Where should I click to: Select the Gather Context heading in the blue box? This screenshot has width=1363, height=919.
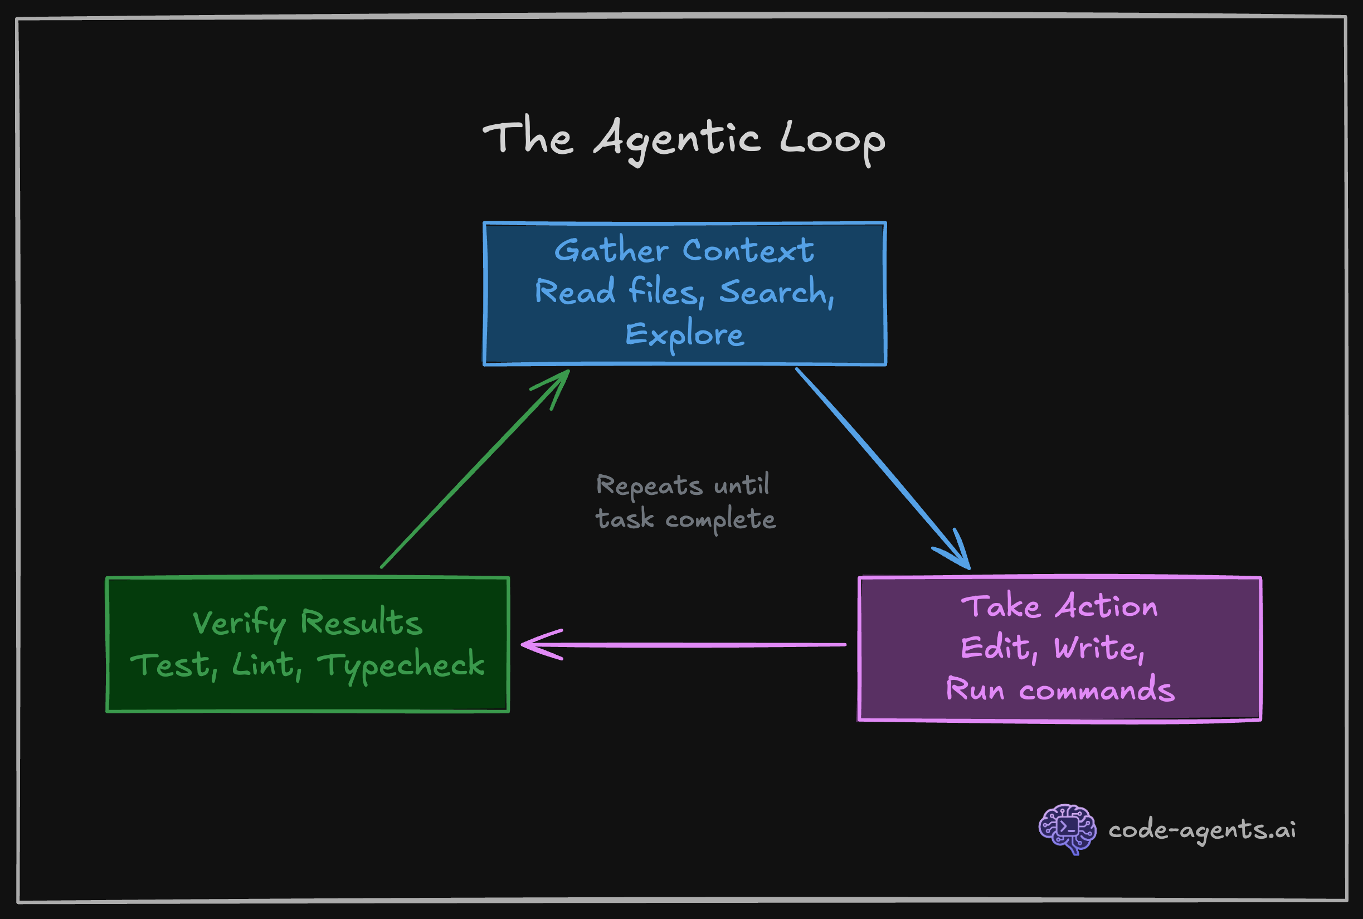684,251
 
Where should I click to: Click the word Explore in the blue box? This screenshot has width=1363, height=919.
684,334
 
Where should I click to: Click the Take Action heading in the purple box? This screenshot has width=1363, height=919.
1059,606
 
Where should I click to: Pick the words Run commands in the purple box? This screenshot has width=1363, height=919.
1059,689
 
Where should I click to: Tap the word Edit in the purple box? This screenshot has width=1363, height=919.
995,648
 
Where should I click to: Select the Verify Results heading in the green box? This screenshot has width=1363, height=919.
307,622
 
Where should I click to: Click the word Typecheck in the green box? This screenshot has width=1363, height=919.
401,665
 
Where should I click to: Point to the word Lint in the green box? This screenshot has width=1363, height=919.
263,665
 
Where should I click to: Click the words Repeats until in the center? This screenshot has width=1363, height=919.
683,485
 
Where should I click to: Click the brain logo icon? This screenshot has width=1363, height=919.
1067,828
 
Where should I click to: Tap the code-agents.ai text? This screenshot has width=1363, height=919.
1202,830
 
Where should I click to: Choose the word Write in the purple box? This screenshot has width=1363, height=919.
1095,648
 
